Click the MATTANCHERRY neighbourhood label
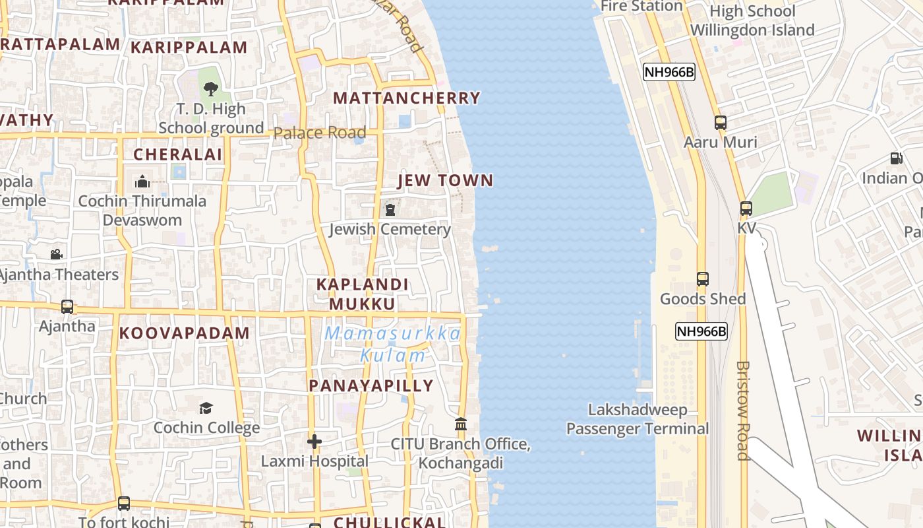407,98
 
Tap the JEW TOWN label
446,181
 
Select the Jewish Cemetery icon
390,211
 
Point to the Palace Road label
319,133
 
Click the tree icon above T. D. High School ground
211,88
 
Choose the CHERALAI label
178,155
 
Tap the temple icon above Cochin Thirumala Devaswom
142,181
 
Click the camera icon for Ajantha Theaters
57,254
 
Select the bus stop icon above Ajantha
67,307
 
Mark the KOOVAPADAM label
185,333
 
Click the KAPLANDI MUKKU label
363,294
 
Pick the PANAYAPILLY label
371,386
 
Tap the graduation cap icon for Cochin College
206,408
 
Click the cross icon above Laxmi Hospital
314,441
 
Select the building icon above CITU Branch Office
461,424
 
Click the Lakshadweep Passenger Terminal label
638,419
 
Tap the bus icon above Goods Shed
703,279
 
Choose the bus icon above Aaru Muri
721,123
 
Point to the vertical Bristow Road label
743,411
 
